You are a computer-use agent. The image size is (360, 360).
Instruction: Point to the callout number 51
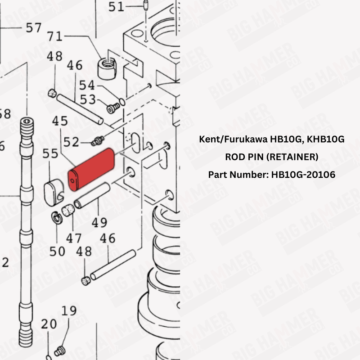[x=116, y=6]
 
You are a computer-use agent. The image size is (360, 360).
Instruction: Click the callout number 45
[x=59, y=121]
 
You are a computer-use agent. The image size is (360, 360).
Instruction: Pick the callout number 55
[x=50, y=154]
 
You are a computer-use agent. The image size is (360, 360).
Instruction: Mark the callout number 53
[x=88, y=99]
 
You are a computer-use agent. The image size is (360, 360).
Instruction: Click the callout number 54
[x=88, y=85]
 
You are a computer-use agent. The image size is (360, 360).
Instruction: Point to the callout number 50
[x=57, y=251]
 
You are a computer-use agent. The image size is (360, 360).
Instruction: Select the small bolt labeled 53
[x=114, y=108]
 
